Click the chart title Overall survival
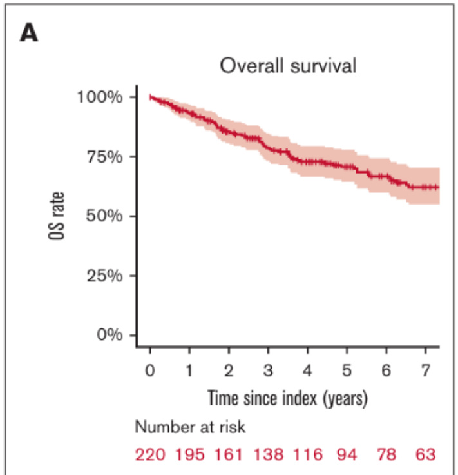pos(288,66)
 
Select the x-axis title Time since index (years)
pos(287,398)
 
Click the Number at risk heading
pos(191,427)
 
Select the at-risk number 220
pos(149,455)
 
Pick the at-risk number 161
pos(229,455)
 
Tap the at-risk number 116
pos(308,455)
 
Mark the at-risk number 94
pos(347,455)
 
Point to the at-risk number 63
pos(425,455)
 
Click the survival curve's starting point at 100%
pos(150,97)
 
